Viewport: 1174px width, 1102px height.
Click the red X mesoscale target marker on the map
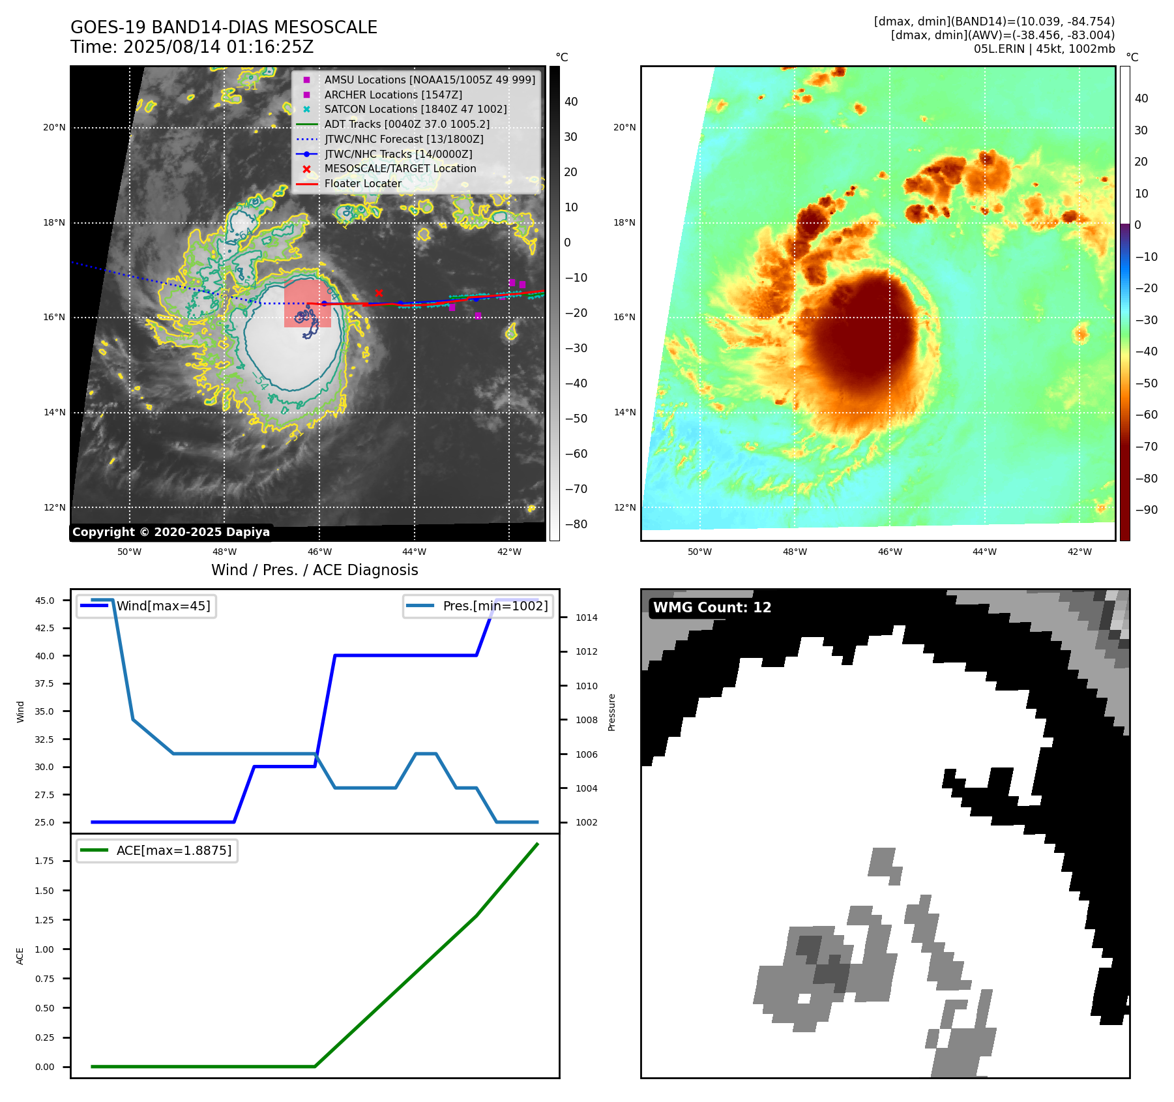pos(379,293)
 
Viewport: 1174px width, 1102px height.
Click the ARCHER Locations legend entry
pos(393,95)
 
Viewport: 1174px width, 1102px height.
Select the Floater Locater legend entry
pos(362,184)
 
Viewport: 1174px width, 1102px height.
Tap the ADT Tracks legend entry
pos(407,124)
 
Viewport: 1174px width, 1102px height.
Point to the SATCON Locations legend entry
pos(415,110)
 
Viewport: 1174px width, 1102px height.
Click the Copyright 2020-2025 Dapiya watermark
pos(171,532)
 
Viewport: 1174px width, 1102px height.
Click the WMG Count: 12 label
pos(712,608)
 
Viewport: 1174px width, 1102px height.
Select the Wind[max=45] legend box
pos(147,606)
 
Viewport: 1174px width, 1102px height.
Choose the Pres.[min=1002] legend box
pos(478,606)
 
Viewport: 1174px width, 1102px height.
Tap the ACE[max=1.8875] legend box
pos(157,850)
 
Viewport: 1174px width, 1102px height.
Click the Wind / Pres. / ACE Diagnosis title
pos(315,570)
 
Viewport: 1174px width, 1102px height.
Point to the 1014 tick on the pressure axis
pos(586,618)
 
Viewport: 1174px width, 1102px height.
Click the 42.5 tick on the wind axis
pos(45,628)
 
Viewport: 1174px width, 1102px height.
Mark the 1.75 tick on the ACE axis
pos(45,861)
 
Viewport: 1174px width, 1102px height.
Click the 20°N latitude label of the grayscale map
pos(54,128)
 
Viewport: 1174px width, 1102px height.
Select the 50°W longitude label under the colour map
pos(699,552)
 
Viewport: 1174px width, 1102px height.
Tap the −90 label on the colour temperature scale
pos(1146,510)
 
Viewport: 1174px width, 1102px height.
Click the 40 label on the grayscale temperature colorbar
pos(571,102)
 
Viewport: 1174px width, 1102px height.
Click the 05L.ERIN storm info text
pos(1044,49)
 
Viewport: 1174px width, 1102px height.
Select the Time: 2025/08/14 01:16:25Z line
pos(192,48)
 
